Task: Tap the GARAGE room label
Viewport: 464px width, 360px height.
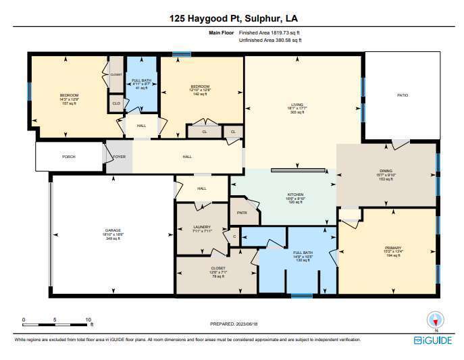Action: coord(113,229)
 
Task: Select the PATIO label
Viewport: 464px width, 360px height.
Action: coord(403,96)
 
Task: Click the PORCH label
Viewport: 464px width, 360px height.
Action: coord(69,157)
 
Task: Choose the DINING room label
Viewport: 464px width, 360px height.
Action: coord(387,174)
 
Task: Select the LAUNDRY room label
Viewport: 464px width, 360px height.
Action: coord(202,227)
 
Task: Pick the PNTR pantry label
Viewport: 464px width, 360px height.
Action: coord(242,213)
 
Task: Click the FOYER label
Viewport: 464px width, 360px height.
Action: coord(119,157)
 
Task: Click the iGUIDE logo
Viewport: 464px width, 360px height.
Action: coord(433,340)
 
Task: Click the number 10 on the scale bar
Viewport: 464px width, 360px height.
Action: coord(88,319)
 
